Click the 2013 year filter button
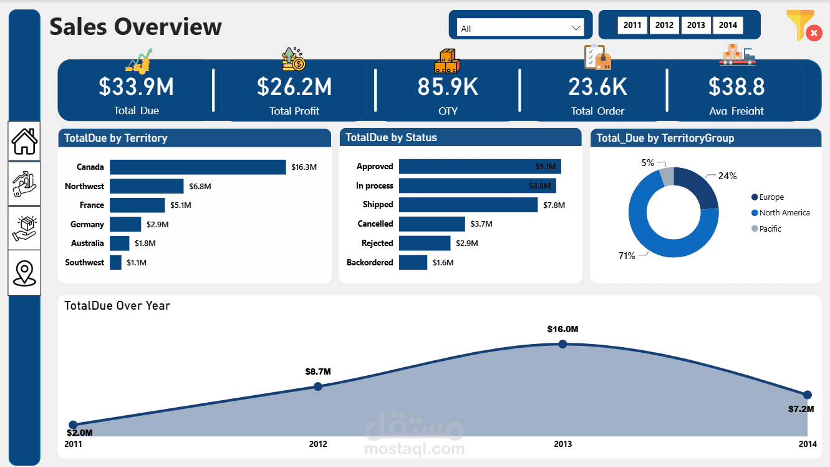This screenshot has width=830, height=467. (696, 25)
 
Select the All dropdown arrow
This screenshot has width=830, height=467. (576, 28)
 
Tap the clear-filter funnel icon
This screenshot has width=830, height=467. (803, 26)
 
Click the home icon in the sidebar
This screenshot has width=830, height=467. (24, 141)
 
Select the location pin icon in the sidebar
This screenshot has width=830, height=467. (24, 273)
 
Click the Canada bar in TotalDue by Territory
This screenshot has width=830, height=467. (198, 167)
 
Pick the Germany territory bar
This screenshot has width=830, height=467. (125, 224)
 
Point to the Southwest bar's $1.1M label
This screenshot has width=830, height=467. (137, 263)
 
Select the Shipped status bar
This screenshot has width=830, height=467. (468, 205)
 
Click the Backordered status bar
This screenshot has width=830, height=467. (413, 262)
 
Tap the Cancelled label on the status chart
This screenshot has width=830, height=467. (375, 224)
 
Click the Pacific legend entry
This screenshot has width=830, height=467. (770, 229)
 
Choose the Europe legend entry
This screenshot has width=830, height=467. (771, 197)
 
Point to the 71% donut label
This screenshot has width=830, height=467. (627, 256)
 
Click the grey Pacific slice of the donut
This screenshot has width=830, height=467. (667, 177)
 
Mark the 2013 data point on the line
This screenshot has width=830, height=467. (562, 344)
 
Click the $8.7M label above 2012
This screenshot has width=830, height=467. (317, 371)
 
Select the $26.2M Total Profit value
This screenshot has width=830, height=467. (294, 87)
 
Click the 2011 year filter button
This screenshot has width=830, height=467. (632, 25)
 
